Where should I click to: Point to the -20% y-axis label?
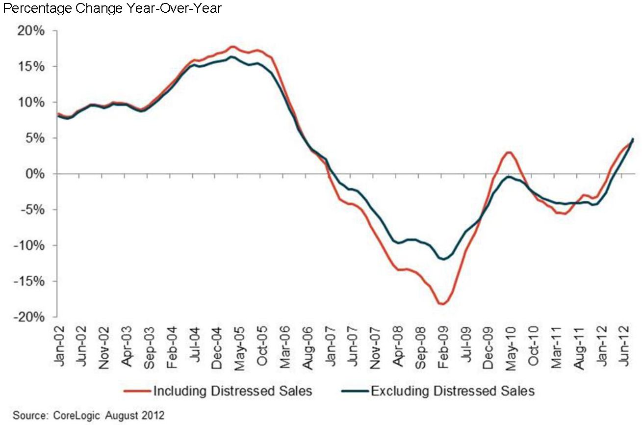[30, 318]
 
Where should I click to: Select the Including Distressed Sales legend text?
[233, 391]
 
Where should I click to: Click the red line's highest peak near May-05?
[233, 47]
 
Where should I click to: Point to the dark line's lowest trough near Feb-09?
[444, 259]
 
